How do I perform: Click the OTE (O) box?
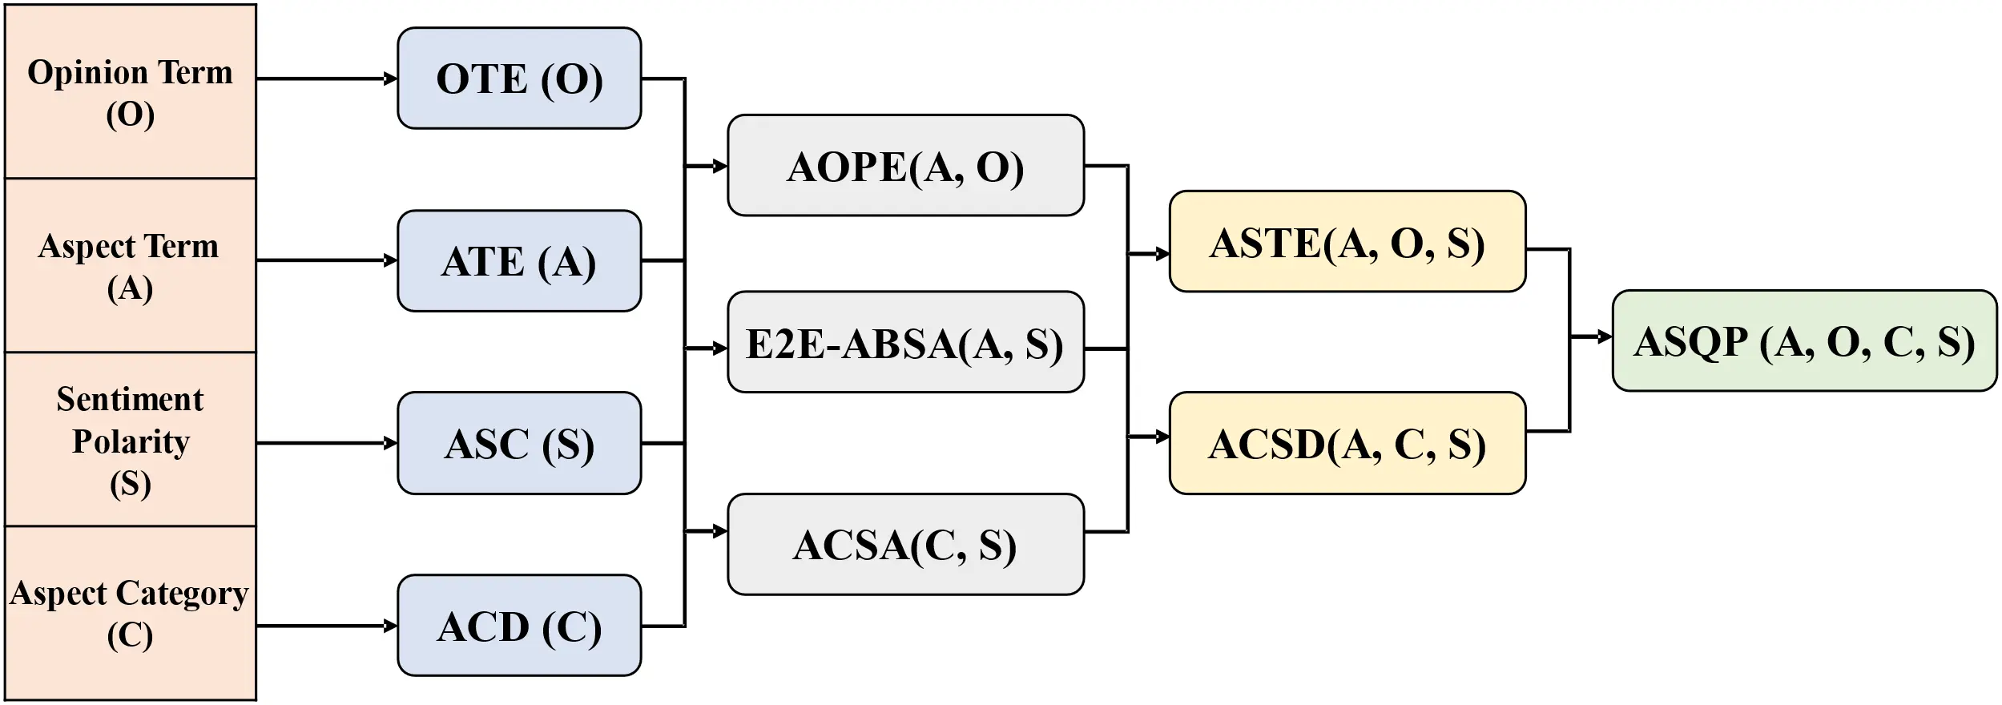tap(519, 79)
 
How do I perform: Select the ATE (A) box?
tap(519, 261)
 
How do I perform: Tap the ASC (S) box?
tap(519, 443)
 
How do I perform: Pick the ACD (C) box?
tap(519, 626)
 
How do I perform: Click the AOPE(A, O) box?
tap(905, 166)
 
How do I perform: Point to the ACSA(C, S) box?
tap(905, 545)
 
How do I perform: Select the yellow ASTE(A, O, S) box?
tap(1347, 242)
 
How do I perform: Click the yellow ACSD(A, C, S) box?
tap(1347, 443)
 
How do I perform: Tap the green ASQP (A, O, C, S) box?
tap(1804, 341)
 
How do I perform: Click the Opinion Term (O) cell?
tap(131, 92)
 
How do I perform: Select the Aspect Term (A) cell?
tap(131, 265)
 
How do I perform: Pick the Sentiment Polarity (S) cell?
tap(131, 440)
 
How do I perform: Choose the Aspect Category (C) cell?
tap(131, 614)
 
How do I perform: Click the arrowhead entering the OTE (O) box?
tap(391, 79)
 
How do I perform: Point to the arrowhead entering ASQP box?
tap(1605, 336)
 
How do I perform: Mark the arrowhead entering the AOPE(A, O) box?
tap(720, 166)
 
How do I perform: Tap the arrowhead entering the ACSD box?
tap(1162, 437)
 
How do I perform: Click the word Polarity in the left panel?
tap(131, 441)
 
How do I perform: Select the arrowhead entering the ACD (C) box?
tap(391, 626)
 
